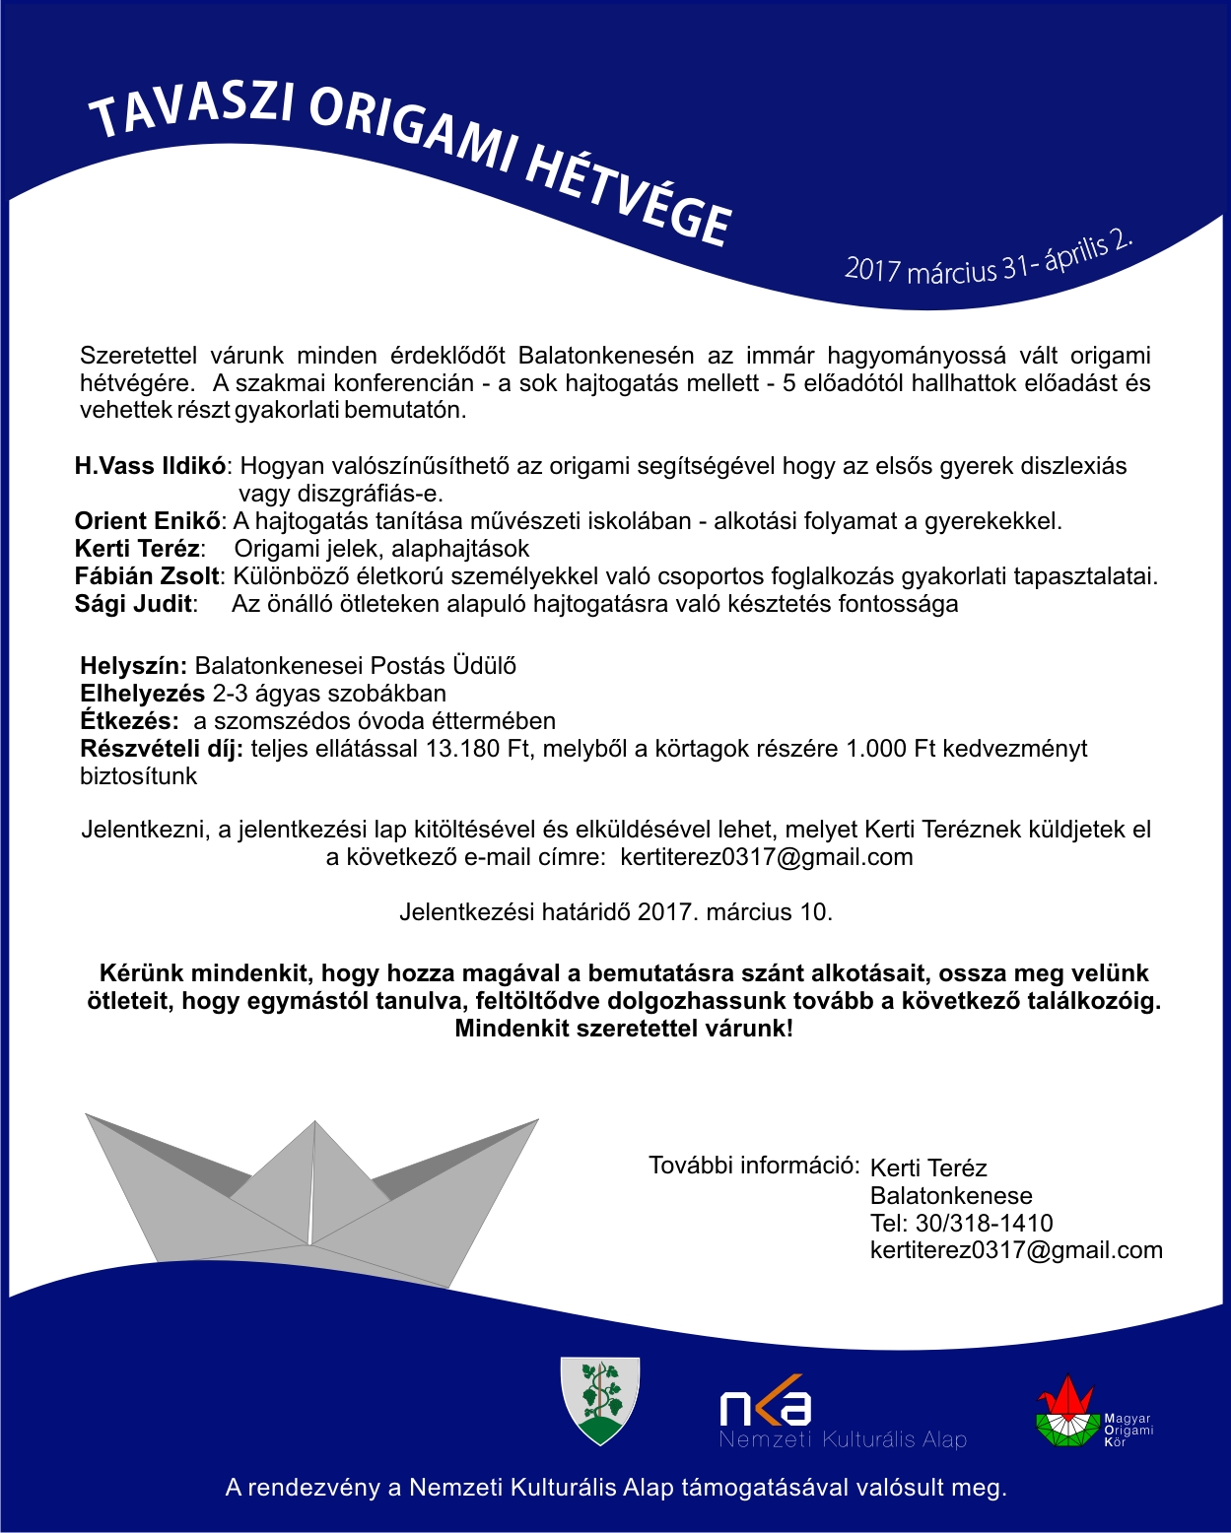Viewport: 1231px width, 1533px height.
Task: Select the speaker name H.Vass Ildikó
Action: pos(151,466)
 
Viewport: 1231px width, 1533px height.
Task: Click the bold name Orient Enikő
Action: pos(148,521)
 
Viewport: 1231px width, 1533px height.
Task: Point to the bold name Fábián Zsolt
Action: pos(147,576)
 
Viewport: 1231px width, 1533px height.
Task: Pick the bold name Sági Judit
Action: pos(135,604)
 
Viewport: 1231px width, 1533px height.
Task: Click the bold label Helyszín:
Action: pos(133,666)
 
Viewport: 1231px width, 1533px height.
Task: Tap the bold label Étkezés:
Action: pos(129,721)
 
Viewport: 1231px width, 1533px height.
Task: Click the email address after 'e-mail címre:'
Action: pos(766,857)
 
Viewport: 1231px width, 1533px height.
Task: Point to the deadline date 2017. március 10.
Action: pos(734,912)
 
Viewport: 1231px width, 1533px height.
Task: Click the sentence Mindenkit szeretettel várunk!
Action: pos(624,1030)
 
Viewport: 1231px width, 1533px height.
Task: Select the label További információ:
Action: pos(754,1166)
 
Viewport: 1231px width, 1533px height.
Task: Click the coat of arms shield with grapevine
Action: pos(599,1400)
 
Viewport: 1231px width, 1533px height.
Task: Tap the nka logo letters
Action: pos(765,1407)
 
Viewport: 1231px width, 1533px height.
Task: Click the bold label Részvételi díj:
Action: pos(162,749)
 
